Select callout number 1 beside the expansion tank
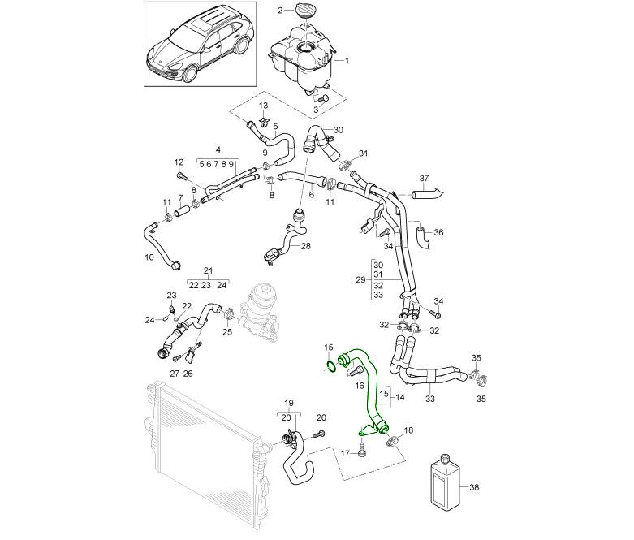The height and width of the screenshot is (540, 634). tap(347, 61)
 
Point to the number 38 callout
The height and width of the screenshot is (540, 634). tap(475, 488)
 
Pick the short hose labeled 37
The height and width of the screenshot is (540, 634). tap(425, 194)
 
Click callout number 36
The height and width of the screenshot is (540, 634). tap(439, 232)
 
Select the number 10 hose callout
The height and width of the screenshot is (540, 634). tap(149, 257)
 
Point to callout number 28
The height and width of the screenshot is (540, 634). tap(306, 245)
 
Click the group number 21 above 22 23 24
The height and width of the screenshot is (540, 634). tap(208, 270)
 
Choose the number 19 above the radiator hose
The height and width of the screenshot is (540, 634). tap(287, 403)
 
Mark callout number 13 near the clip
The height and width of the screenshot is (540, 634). tap(263, 106)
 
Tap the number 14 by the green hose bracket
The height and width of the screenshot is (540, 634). tap(399, 398)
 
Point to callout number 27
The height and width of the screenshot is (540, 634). tap(175, 374)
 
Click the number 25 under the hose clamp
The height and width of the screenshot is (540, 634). tap(227, 331)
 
